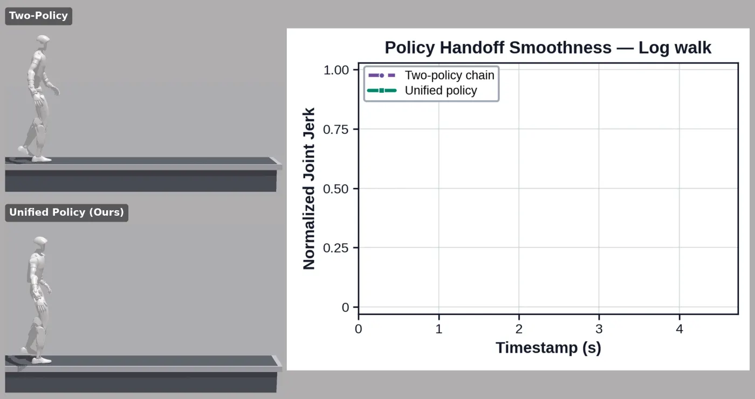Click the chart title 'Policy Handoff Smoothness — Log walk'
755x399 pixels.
click(x=548, y=47)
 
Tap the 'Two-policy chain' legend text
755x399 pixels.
click(x=449, y=75)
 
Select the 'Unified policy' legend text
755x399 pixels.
click(x=441, y=91)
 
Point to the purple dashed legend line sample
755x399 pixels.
click(x=382, y=75)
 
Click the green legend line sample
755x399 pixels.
click(x=382, y=91)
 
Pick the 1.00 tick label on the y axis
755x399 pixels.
click(x=335, y=70)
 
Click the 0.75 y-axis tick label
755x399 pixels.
click(x=335, y=129)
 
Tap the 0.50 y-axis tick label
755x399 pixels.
click(x=335, y=189)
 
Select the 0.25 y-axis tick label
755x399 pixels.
click(x=335, y=248)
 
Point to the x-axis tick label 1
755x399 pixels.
click(x=438, y=328)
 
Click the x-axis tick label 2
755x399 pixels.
click(x=519, y=328)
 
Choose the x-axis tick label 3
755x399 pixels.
click(x=599, y=328)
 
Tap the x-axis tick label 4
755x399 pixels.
click(x=679, y=328)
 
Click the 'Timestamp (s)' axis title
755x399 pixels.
click(x=548, y=348)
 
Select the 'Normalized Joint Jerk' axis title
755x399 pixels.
click(x=308, y=189)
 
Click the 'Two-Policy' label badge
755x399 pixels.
click(x=38, y=16)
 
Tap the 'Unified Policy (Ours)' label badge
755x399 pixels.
click(x=66, y=212)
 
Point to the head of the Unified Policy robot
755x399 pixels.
click(x=40, y=243)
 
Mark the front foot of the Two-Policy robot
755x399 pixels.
click(x=42, y=159)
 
